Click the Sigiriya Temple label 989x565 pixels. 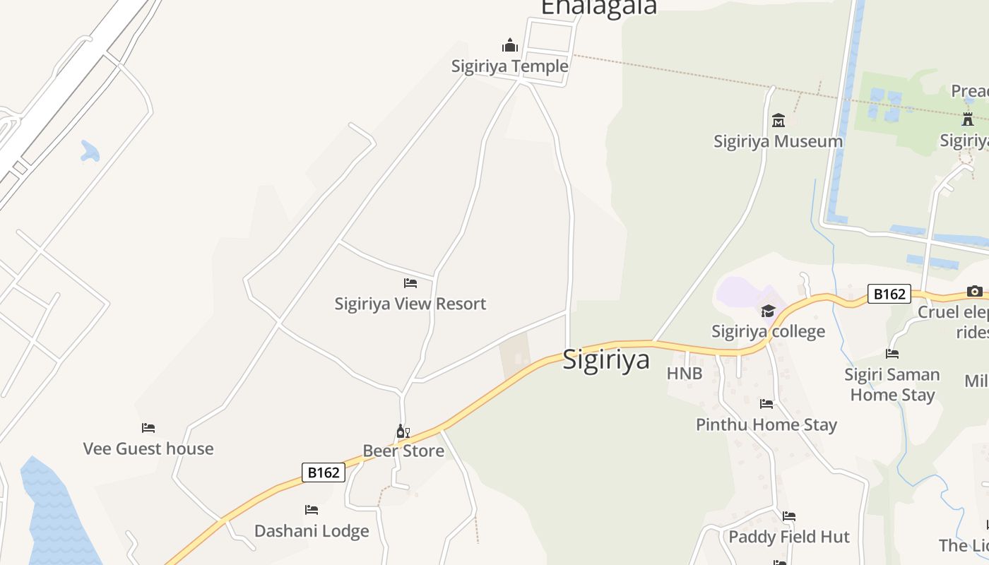pyautogui.click(x=509, y=66)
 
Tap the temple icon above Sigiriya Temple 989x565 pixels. pyautogui.click(x=510, y=46)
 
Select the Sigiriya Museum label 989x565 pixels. pyautogui.click(x=778, y=141)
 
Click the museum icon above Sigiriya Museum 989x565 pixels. pyautogui.click(x=778, y=121)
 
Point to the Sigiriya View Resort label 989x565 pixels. pyautogui.click(x=410, y=304)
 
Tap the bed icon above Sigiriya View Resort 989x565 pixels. pyautogui.click(x=410, y=283)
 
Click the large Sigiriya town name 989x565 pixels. pyautogui.click(x=606, y=359)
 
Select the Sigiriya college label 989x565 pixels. pyautogui.click(x=768, y=331)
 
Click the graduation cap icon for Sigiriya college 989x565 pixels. pyautogui.click(x=768, y=311)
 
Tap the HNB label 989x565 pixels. pyautogui.click(x=685, y=374)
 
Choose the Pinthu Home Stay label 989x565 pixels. pyautogui.click(x=766, y=424)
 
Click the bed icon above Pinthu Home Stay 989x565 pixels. pyautogui.click(x=766, y=404)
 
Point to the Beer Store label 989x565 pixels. pyautogui.click(x=403, y=451)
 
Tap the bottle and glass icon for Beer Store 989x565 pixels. pyautogui.click(x=403, y=431)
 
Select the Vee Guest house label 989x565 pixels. pyautogui.click(x=148, y=448)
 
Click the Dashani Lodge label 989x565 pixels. pyautogui.click(x=312, y=531)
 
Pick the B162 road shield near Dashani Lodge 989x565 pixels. pyautogui.click(x=324, y=472)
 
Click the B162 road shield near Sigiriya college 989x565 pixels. pyautogui.click(x=889, y=294)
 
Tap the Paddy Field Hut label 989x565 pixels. pyautogui.click(x=789, y=537)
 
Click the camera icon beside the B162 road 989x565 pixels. pyautogui.click(x=975, y=291)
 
